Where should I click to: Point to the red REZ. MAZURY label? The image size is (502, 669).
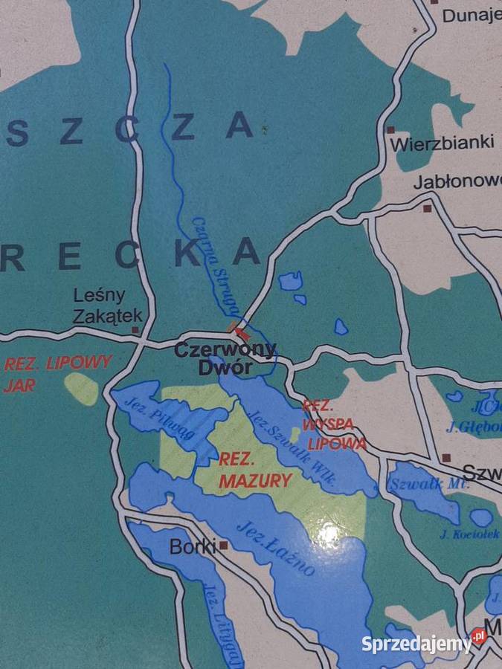pyautogui.click(x=254, y=470)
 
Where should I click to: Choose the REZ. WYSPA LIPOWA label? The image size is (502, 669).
pyautogui.click(x=333, y=425)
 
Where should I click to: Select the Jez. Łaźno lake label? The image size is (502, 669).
pyautogui.click(x=275, y=549)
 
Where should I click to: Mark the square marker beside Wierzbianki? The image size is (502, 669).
pyautogui.click(x=390, y=129)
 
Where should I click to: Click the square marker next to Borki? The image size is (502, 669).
pyautogui.click(x=222, y=546)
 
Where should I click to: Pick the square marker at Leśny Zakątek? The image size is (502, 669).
pyautogui.click(x=135, y=330)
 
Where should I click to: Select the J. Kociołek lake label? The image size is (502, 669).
pyautogui.click(x=469, y=534)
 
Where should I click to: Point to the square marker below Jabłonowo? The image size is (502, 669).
pyautogui.click(x=427, y=209)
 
